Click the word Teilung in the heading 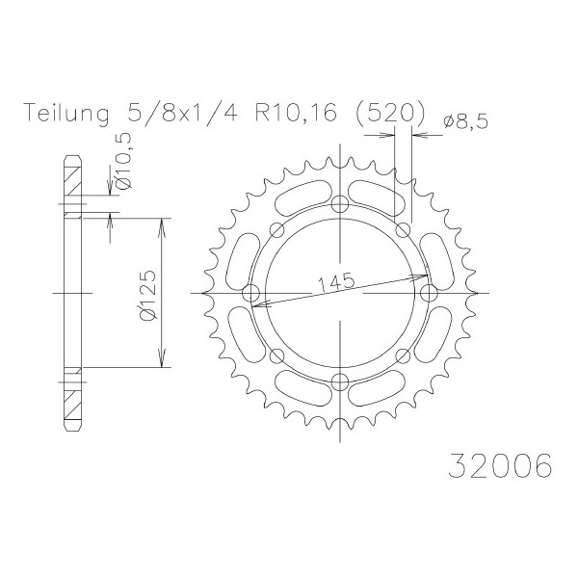tap(66, 113)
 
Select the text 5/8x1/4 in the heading tap(182, 112)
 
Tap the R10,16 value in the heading tap(297, 112)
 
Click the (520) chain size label tap(389, 112)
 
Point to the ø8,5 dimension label tap(466, 121)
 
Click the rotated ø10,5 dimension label tap(124, 161)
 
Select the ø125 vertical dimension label tap(148, 295)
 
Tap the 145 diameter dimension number tap(336, 282)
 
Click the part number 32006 tap(500, 466)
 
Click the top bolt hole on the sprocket tap(339, 204)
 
